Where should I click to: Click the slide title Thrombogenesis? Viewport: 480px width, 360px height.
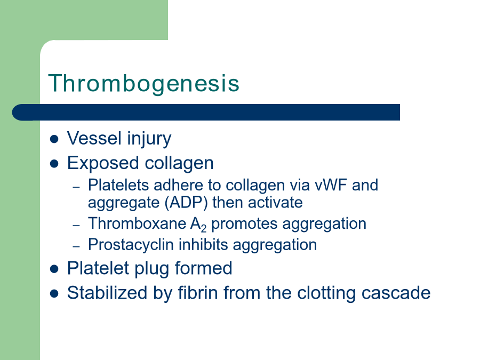(143, 83)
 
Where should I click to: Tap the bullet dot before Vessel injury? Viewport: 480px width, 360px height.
(54, 139)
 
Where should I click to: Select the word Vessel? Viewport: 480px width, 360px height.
(94, 138)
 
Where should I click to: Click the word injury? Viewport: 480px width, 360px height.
(149, 139)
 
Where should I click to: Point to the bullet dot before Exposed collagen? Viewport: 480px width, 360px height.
(54, 164)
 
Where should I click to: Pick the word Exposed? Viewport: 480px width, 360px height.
(103, 163)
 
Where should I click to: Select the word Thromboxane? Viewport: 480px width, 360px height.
(137, 223)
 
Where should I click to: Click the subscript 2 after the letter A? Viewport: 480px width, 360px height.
(204, 229)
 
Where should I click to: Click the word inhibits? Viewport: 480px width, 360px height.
(203, 245)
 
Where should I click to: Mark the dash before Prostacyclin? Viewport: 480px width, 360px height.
(76, 246)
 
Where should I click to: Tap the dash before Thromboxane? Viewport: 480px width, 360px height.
(76, 225)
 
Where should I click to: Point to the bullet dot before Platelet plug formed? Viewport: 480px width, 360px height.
(54, 269)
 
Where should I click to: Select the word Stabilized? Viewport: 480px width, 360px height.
(107, 293)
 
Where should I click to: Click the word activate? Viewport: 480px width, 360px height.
(275, 203)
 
